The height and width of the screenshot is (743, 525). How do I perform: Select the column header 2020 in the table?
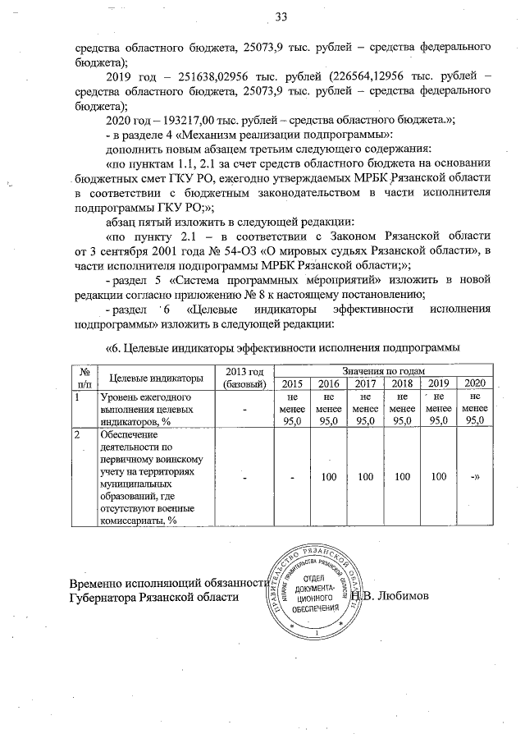473,384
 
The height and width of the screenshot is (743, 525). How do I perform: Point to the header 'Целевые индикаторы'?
155,378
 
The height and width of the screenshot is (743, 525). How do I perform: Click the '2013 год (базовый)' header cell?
243,378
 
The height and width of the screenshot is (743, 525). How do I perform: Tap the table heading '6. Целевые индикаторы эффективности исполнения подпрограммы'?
283,348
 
